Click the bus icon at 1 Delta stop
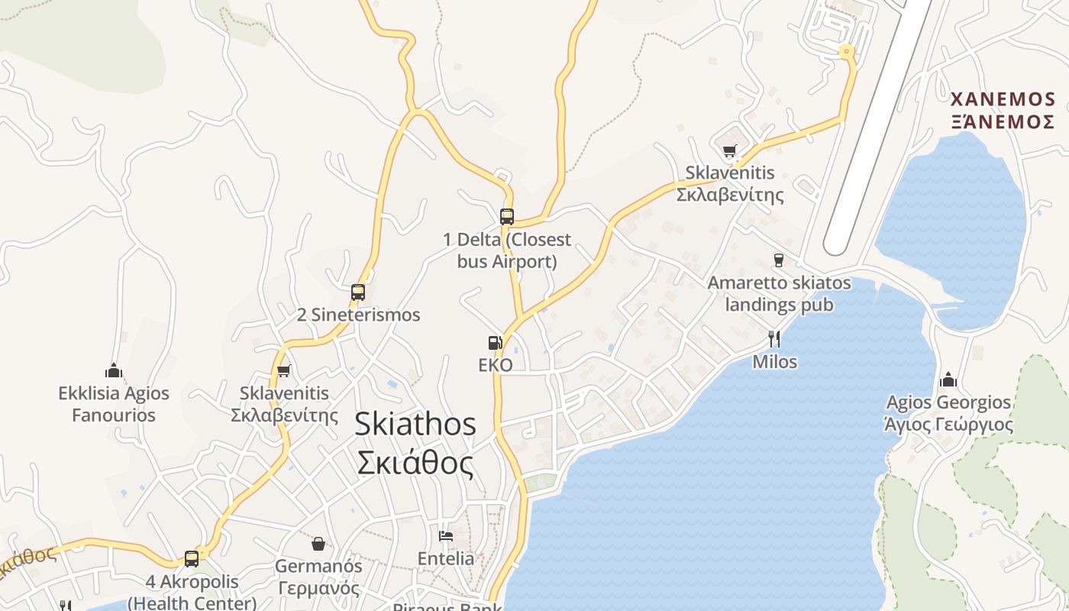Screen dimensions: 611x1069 507,216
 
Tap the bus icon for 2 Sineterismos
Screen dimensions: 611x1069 358,292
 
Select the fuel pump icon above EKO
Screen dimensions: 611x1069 496,344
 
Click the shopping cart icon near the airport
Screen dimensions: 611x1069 730,150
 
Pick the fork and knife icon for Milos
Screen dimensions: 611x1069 775,339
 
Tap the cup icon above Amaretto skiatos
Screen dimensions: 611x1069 778,260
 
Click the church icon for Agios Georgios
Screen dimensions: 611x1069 948,380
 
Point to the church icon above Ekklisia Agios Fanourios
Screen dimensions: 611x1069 115,371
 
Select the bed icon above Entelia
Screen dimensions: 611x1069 446,535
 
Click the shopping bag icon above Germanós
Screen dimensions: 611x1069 318,544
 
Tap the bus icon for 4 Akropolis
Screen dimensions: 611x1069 192,559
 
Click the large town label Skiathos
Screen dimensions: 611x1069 415,425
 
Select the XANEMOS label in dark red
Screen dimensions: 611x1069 1003,99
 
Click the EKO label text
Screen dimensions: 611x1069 495,365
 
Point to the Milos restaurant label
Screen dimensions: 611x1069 775,361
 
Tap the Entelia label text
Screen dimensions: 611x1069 446,558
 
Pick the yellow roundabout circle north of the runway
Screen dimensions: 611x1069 845,52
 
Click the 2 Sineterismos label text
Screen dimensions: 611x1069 358,315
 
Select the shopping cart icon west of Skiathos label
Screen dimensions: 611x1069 284,371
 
